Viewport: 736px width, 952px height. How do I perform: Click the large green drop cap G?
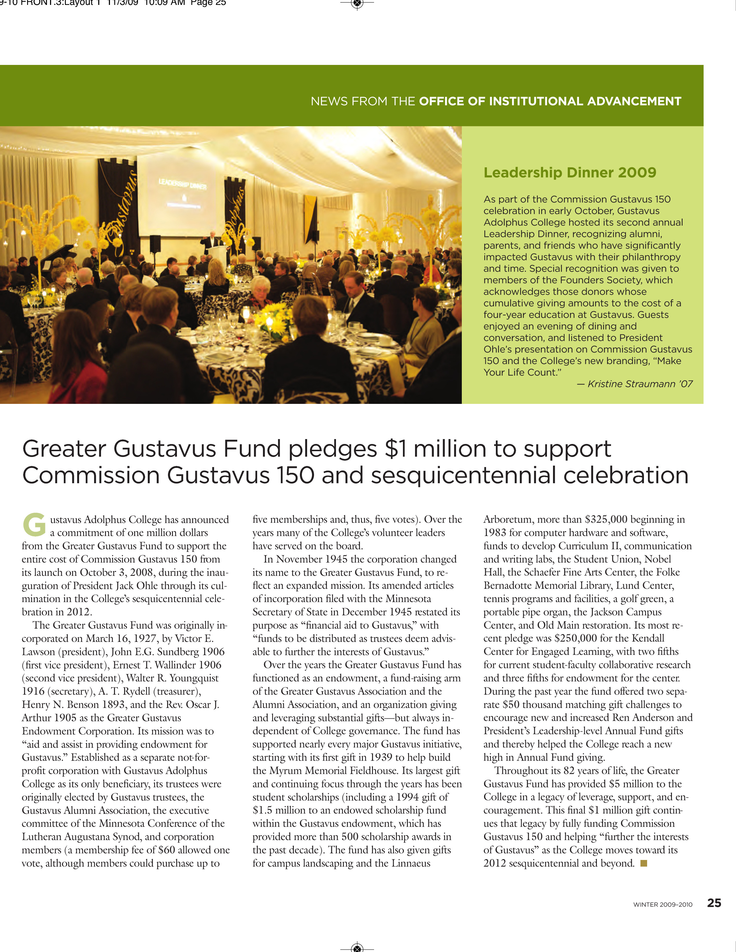pyautogui.click(x=34, y=525)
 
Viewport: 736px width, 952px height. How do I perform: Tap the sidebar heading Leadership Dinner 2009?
pyautogui.click(x=569, y=173)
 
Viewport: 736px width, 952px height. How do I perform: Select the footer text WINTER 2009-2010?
pyautogui.click(x=662, y=904)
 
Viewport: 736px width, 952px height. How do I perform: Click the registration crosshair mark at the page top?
pyautogui.click(x=357, y=4)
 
